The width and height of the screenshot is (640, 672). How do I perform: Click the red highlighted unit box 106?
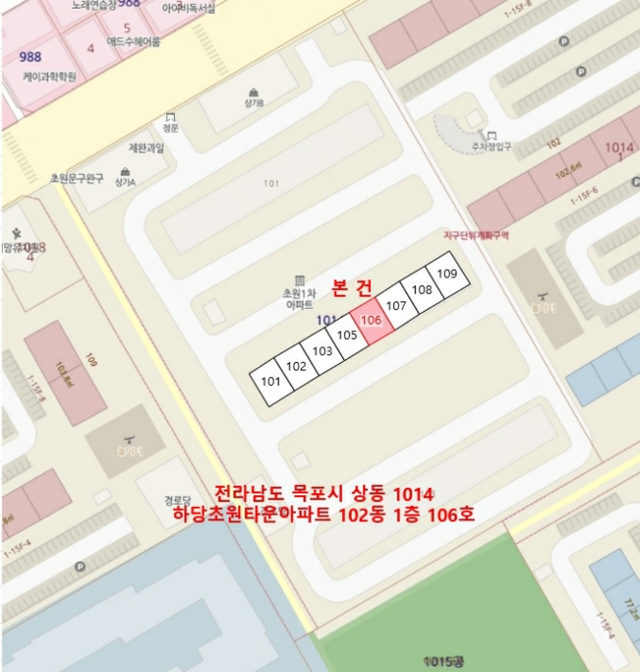click(x=372, y=320)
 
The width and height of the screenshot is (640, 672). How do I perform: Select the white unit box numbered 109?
click(x=446, y=275)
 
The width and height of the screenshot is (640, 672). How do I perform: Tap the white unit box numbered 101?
click(x=271, y=381)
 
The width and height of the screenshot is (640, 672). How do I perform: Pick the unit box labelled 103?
click(x=322, y=350)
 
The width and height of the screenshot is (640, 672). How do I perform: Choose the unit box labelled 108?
click(x=421, y=289)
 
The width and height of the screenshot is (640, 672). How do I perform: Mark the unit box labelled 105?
click(x=347, y=335)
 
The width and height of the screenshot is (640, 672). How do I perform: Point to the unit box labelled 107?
click(x=397, y=305)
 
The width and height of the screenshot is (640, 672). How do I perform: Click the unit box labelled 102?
click(x=296, y=366)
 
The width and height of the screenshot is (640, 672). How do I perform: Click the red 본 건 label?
click(x=351, y=287)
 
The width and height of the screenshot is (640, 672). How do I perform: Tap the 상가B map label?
click(x=254, y=102)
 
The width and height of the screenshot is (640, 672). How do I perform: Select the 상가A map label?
click(x=125, y=180)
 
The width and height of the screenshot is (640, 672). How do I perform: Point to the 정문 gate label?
click(x=170, y=127)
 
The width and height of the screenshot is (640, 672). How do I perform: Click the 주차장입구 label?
click(x=491, y=146)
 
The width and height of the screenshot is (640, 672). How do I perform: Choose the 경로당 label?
click(x=178, y=499)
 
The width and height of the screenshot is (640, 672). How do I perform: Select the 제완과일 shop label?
click(x=146, y=148)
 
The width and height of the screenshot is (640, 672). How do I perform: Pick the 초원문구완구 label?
click(x=77, y=179)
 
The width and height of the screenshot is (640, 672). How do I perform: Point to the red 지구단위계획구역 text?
click(x=476, y=233)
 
